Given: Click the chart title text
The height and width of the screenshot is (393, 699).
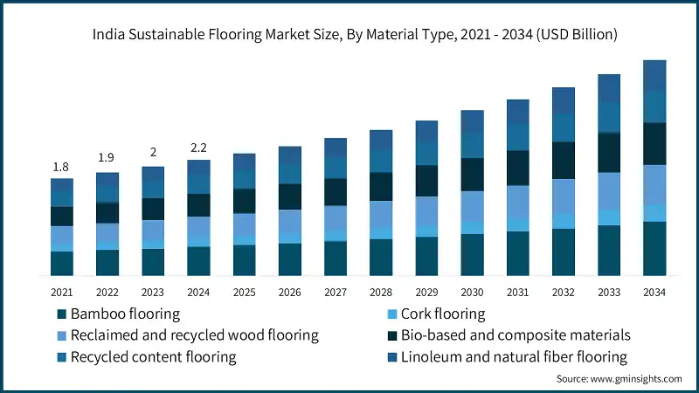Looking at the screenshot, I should click(349, 35).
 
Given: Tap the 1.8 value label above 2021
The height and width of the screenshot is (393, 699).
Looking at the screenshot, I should click(61, 167).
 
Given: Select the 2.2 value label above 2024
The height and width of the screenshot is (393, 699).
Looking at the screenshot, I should click(198, 148).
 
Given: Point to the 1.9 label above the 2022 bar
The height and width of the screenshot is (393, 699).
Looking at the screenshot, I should click(107, 158).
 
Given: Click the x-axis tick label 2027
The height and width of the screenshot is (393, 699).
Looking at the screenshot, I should click(336, 293).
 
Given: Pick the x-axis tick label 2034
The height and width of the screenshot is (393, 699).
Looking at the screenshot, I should click(654, 293).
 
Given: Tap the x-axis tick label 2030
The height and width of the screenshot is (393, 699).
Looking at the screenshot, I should click(473, 293).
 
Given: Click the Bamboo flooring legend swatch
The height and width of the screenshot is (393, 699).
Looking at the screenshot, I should click(61, 314).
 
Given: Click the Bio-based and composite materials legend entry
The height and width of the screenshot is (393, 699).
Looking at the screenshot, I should click(516, 335).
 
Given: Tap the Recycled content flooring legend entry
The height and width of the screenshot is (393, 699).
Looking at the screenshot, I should click(153, 357).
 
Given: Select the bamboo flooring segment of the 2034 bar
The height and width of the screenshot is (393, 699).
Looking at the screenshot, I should click(654, 249).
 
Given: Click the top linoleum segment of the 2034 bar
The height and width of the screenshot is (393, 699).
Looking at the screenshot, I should click(654, 75).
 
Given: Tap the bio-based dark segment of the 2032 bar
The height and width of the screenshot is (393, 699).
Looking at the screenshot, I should click(564, 161).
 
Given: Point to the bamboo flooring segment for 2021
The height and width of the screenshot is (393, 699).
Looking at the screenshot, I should click(61, 264).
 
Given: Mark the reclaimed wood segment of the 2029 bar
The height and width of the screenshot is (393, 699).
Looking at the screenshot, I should click(427, 210).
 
